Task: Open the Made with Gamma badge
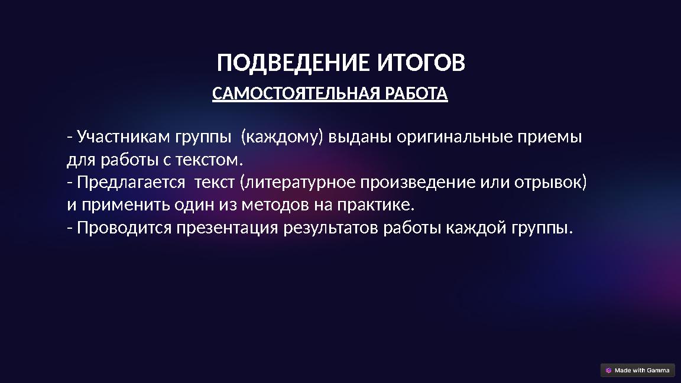coord(637,371)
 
